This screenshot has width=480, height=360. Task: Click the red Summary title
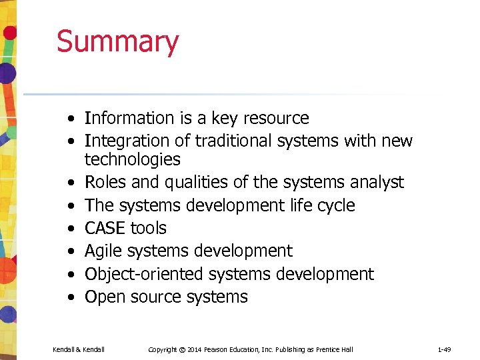click(x=117, y=41)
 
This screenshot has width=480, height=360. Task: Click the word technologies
click(x=132, y=160)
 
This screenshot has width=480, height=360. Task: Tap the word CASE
click(x=105, y=228)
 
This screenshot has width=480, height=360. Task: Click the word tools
click(x=149, y=228)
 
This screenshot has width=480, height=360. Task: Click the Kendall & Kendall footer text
click(x=79, y=349)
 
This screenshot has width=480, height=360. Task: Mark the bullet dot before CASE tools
click(x=70, y=229)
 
